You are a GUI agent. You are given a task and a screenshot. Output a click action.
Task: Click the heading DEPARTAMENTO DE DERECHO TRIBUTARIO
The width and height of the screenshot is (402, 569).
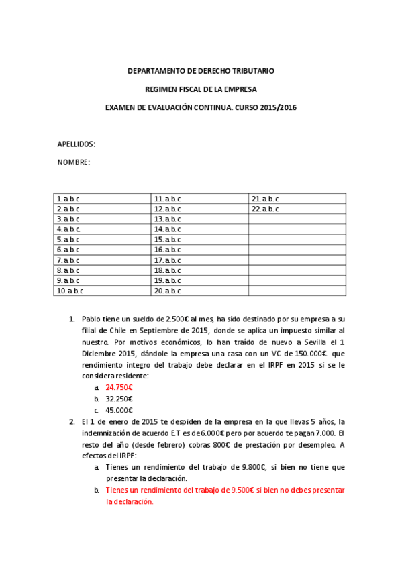point(201,71)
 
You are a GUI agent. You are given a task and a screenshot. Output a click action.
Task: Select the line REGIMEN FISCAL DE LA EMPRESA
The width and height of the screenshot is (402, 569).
point(201,89)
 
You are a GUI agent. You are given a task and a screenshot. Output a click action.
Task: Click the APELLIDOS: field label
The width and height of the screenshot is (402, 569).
point(76,144)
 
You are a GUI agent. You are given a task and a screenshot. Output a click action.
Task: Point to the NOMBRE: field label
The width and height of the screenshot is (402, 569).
point(73,162)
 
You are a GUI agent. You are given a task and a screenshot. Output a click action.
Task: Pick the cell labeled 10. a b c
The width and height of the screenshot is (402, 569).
point(70,291)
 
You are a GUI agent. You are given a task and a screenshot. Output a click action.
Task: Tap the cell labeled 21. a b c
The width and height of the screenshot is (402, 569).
point(265,199)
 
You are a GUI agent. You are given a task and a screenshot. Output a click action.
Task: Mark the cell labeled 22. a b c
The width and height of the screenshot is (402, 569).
point(265,209)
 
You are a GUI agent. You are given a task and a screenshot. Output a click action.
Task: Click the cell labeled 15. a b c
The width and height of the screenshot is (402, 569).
point(168,240)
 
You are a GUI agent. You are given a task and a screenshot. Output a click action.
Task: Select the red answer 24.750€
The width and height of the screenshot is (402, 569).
point(119,388)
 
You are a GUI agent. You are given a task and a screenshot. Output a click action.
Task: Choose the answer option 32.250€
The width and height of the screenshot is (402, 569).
point(119,399)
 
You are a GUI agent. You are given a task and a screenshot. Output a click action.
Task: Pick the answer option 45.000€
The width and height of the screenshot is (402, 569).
point(119,411)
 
